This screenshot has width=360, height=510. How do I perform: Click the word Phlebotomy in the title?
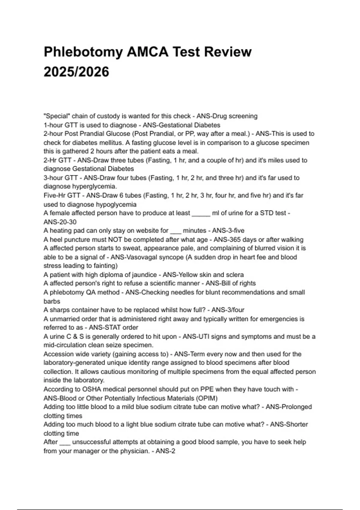pyautogui.click(x=83, y=52)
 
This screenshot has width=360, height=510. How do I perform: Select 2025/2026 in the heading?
pyautogui.click(x=76, y=72)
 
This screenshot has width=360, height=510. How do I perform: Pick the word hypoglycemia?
pyautogui.click(x=116, y=204)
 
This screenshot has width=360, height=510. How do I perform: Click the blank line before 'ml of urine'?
pyautogui.click(x=201, y=213)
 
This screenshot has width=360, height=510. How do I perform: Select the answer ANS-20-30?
pyautogui.click(x=60, y=222)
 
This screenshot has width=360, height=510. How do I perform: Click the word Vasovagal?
pyautogui.click(x=142, y=257)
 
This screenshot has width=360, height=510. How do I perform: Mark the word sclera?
pyautogui.click(x=234, y=275)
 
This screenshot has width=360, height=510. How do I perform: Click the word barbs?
pyautogui.click(x=52, y=301)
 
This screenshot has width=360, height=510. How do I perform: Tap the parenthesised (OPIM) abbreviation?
pyautogui.click(x=207, y=398)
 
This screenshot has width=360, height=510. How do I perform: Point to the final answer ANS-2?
pyautogui.click(x=165, y=451)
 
